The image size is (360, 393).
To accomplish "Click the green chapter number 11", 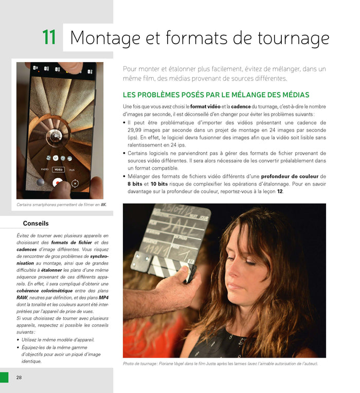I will (x=49, y=38).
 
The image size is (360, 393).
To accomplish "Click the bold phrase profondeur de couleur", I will (x=292, y=176).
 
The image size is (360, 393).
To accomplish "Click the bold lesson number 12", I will (x=280, y=192).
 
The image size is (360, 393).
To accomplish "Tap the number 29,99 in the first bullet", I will (x=136, y=130).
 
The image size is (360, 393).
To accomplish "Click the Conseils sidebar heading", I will (x=36, y=223).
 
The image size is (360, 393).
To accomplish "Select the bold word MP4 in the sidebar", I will (x=103, y=298).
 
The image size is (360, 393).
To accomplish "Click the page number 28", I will (x=19, y=378).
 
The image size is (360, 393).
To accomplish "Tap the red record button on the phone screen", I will (x=58, y=182).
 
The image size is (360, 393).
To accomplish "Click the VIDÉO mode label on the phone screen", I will (x=58, y=169).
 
